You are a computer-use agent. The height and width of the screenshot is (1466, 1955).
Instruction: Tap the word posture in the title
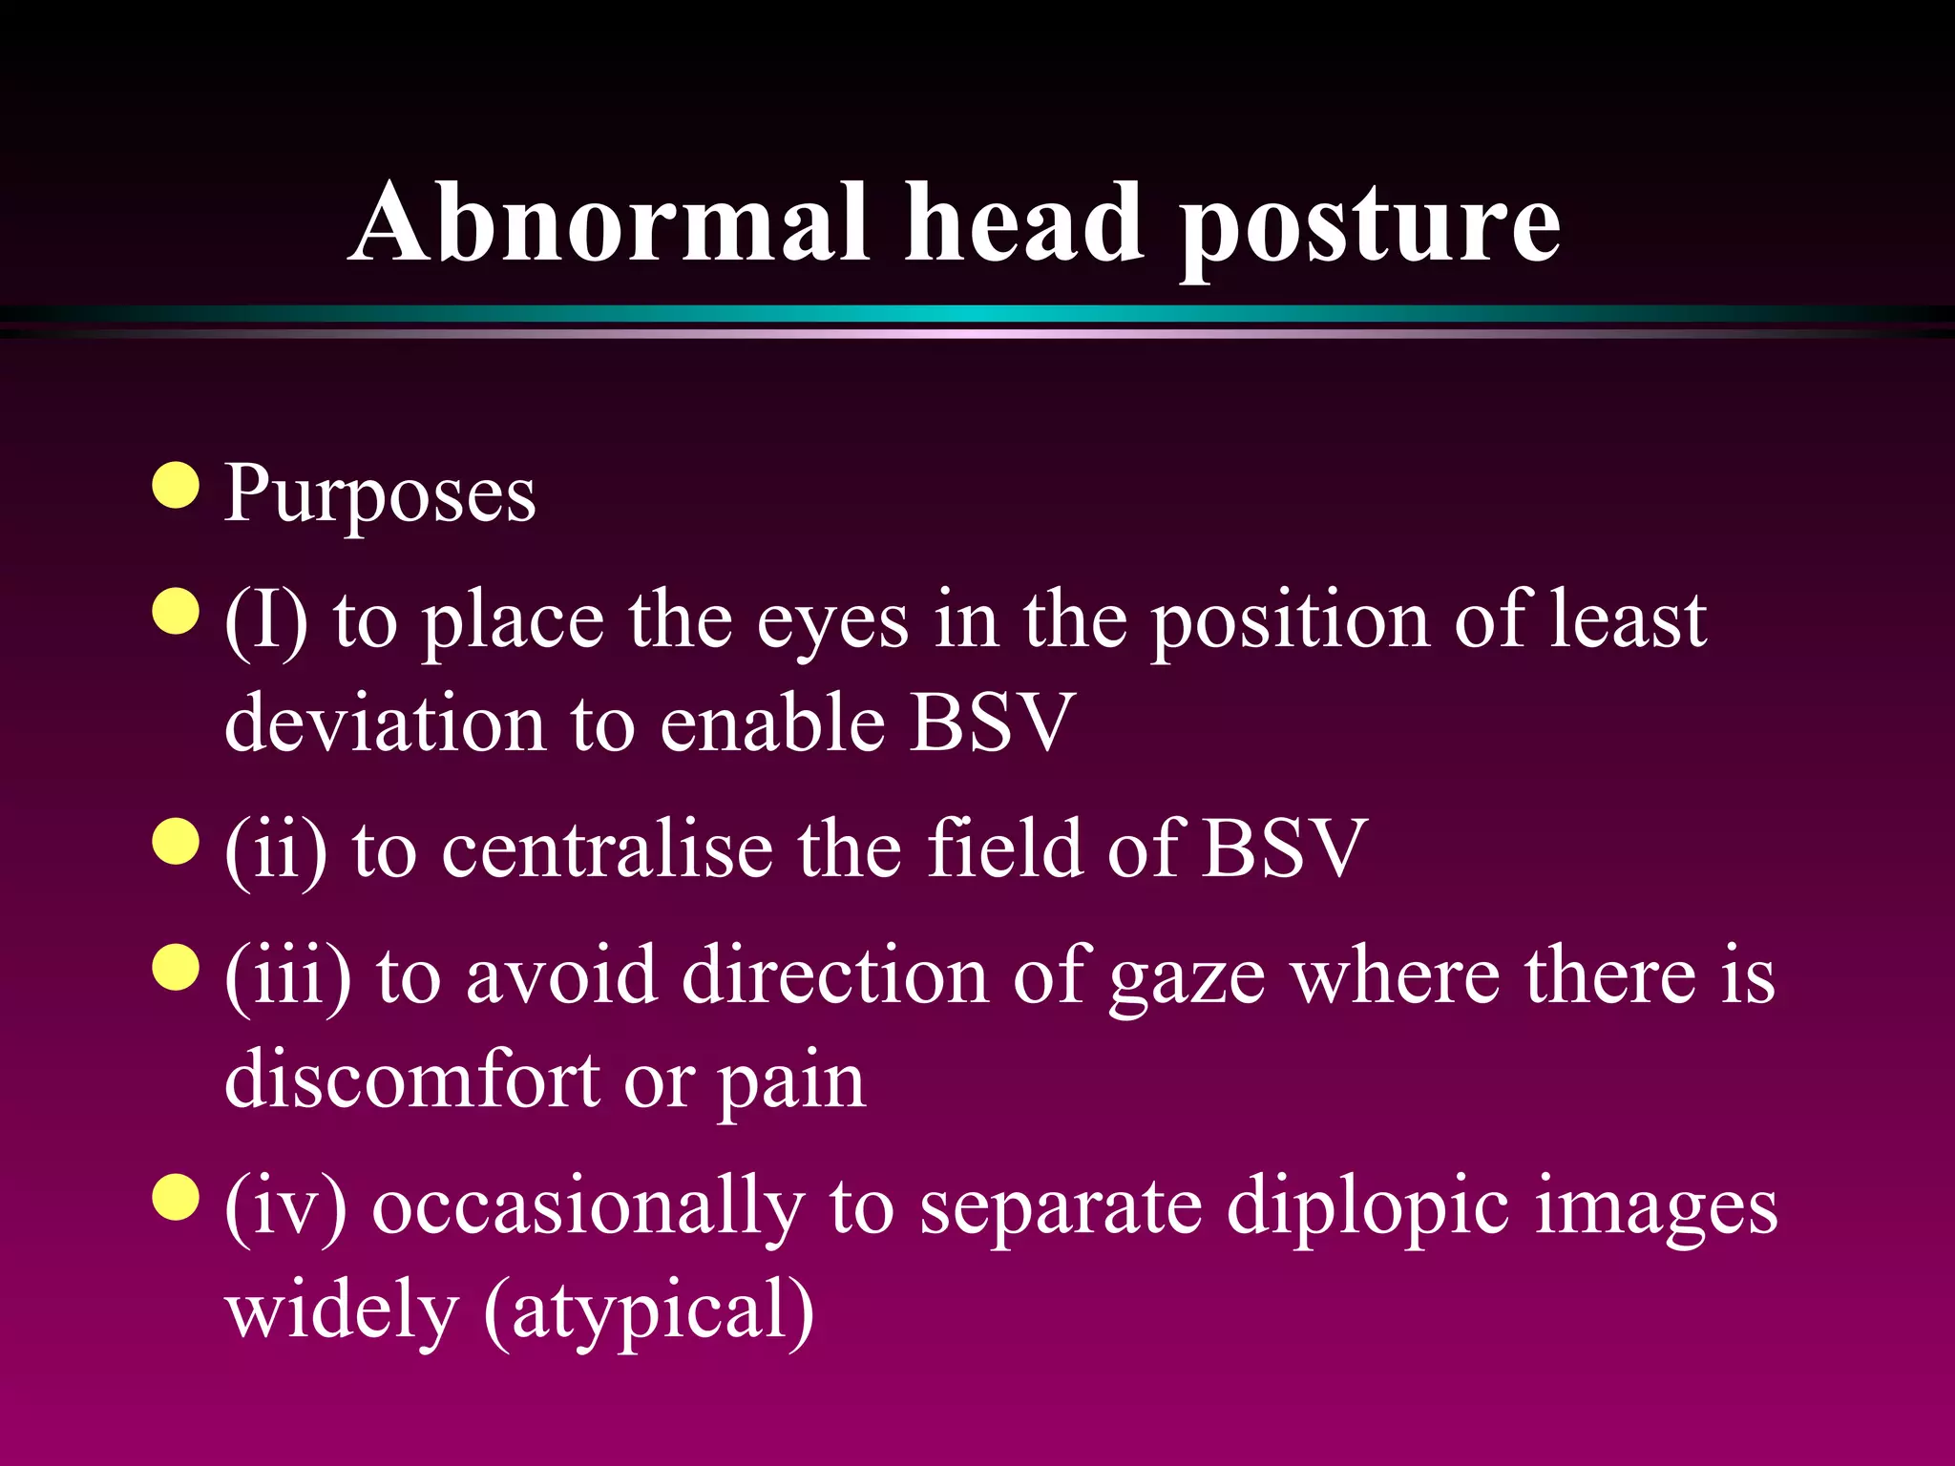coord(1370,229)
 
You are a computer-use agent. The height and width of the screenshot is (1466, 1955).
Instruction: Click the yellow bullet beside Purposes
coord(176,486)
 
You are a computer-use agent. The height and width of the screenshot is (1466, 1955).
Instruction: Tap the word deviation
coord(385,723)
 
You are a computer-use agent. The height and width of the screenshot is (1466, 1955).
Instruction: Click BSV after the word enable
coord(993,723)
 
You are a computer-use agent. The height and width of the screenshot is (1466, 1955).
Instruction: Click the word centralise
coord(607,849)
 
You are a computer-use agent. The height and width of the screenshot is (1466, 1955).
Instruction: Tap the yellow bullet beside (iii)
coord(176,968)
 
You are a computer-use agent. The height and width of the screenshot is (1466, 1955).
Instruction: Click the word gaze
coord(1188,979)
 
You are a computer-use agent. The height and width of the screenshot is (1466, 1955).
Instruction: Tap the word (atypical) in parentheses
coord(649,1312)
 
